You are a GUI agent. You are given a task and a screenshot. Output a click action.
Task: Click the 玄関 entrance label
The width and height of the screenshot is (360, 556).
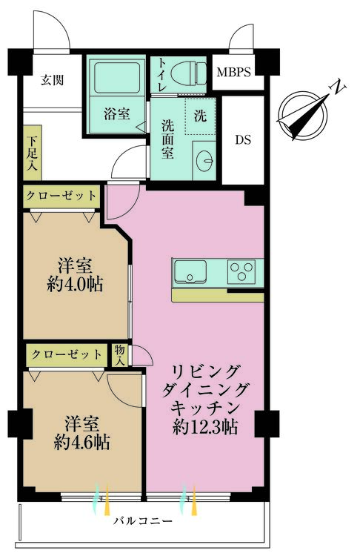[51, 79]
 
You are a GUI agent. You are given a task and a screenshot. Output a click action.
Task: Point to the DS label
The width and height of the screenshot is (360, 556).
[243, 139]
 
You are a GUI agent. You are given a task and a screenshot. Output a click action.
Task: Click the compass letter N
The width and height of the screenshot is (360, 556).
[338, 87]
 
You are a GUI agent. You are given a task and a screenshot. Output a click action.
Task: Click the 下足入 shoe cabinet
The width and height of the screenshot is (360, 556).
[33, 153]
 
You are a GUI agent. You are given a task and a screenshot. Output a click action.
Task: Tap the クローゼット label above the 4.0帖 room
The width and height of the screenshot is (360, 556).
[61, 196]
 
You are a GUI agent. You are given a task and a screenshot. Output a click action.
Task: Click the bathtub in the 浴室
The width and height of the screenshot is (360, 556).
[117, 77]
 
